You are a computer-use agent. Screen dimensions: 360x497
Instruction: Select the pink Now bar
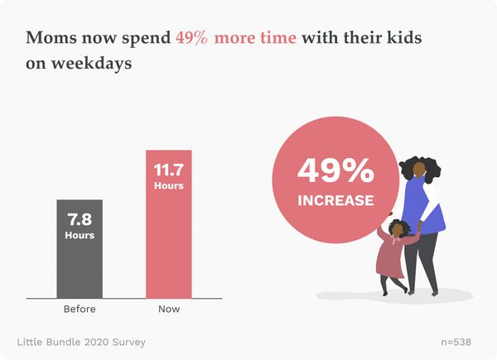click(168, 248)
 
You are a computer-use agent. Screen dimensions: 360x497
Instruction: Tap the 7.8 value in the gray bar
click(80, 220)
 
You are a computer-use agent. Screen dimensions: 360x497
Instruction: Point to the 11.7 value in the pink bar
click(168, 170)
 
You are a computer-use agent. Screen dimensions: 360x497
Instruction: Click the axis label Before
click(80, 310)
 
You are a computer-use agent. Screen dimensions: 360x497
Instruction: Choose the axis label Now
click(168, 310)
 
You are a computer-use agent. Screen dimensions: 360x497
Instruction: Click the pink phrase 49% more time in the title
click(236, 38)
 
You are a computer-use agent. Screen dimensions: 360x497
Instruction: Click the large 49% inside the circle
click(335, 171)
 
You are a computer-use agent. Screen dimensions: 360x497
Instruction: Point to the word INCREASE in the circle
click(335, 199)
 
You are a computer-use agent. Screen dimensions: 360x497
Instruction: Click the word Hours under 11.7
click(168, 185)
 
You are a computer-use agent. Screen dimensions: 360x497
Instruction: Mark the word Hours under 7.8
click(80, 235)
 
